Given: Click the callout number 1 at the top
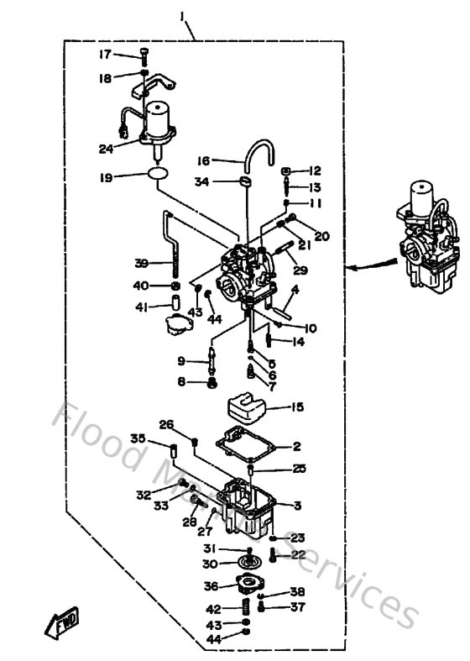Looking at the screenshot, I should [182, 14].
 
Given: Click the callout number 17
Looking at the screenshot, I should [106, 55].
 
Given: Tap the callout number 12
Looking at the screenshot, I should [315, 170].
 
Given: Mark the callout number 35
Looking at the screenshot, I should [138, 438].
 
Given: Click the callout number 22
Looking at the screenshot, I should [297, 554].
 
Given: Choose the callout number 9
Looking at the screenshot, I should [181, 361].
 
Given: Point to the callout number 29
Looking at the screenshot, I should [300, 270].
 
